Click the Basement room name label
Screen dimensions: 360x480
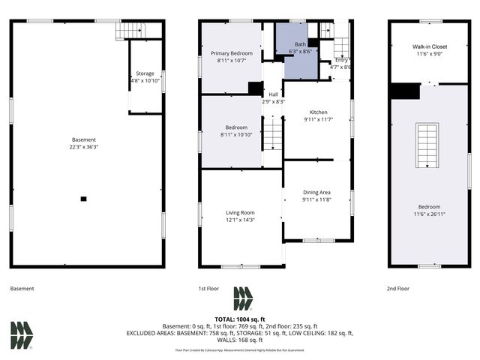[83, 140]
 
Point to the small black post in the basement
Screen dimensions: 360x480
[83, 199]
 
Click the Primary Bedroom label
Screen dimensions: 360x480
[231, 53]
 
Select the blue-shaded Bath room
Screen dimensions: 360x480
[295, 56]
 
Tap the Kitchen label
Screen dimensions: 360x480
[317, 111]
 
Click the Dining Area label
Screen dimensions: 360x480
[316, 193]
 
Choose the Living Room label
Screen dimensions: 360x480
[241, 213]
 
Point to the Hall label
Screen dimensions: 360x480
[274, 94]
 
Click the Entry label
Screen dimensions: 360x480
[341, 60]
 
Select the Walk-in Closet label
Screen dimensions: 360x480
[430, 46]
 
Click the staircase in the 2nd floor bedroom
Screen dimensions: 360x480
[427, 147]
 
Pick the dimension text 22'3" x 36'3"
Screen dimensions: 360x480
[83, 147]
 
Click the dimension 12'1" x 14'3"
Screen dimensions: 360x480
[241, 220]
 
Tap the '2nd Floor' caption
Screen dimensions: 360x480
[398, 289]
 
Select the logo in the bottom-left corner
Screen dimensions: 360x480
[22, 335]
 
